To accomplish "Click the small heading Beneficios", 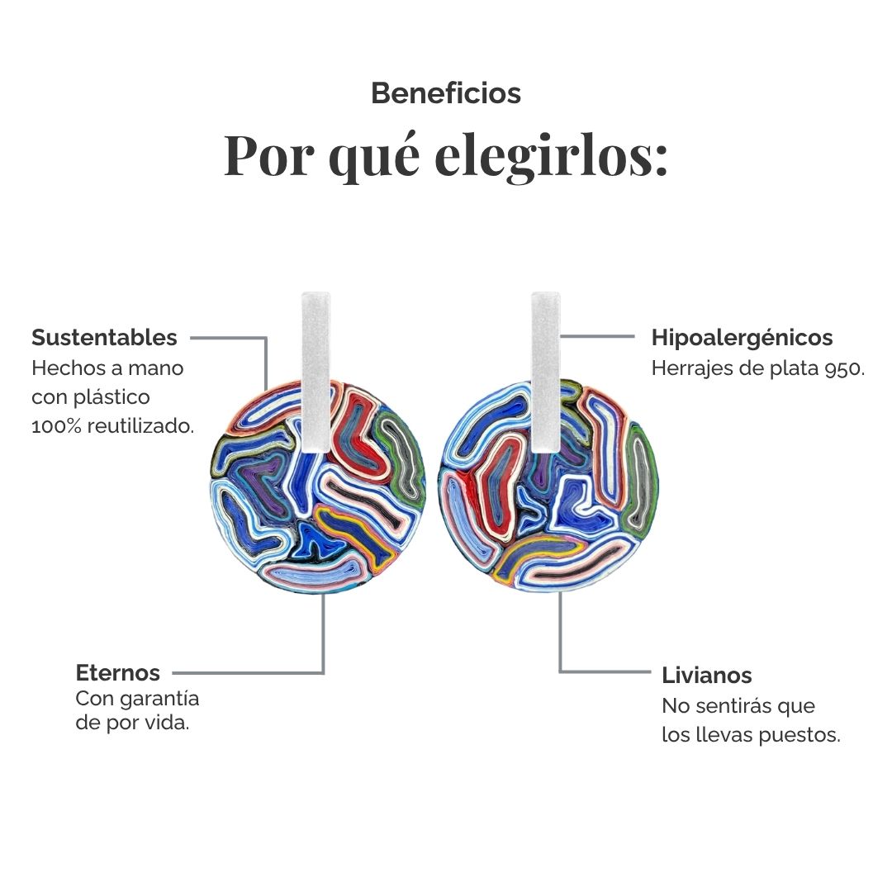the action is click(446, 93).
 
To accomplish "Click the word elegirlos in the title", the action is click(551, 156).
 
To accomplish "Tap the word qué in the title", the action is click(375, 158).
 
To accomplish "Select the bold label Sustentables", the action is click(104, 337).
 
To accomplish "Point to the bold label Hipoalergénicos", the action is click(742, 338).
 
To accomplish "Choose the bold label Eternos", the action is click(118, 673).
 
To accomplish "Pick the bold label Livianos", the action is click(706, 676).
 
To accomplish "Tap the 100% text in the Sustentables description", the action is click(57, 426).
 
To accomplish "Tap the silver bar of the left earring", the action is click(316, 372).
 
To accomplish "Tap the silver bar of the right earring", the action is click(546, 372).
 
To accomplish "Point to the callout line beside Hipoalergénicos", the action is click(597, 336).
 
